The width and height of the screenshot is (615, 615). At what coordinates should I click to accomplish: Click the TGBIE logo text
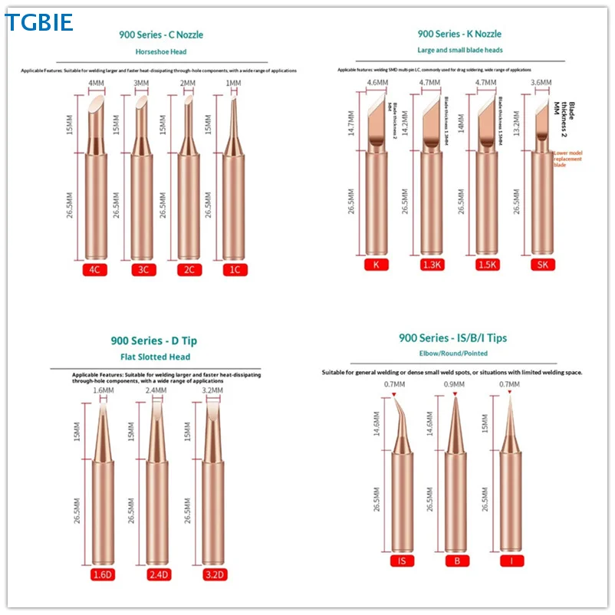point(39,22)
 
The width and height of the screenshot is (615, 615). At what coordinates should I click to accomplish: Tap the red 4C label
point(97,270)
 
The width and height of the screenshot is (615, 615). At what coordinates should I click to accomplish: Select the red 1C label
point(233,270)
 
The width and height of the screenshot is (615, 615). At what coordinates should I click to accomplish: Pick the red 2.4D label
point(157,575)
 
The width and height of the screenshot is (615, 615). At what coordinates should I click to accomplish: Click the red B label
point(455,561)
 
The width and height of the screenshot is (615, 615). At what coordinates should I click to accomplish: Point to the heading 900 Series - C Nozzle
point(161,35)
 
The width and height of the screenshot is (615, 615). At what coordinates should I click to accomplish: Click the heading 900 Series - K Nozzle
point(459,34)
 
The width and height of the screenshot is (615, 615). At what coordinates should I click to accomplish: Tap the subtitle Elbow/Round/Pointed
point(452,354)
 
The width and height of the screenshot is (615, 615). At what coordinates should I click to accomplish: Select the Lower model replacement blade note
point(567,159)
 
